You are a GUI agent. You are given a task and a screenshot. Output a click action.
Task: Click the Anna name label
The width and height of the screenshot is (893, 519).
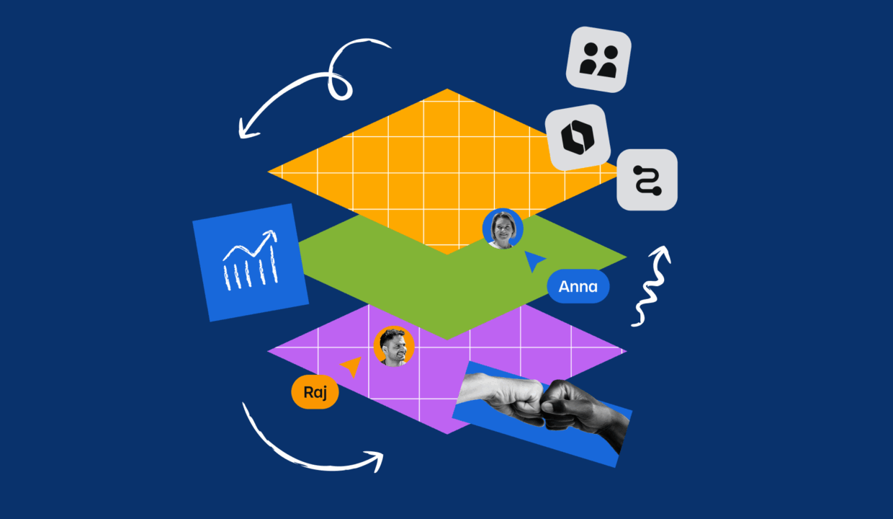tap(578, 286)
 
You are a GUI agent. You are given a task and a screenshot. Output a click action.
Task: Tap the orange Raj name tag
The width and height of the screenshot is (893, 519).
tap(315, 393)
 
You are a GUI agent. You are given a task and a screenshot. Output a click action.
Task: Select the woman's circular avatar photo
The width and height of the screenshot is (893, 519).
tap(502, 229)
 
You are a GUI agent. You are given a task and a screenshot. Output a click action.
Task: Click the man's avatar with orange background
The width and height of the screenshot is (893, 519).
tap(394, 346)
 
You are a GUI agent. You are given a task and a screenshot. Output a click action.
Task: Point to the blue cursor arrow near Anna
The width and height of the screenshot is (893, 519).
tap(534, 260)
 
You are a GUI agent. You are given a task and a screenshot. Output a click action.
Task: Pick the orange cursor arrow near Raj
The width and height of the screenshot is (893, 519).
tap(351, 366)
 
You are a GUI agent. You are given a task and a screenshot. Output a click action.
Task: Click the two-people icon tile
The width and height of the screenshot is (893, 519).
tap(598, 60)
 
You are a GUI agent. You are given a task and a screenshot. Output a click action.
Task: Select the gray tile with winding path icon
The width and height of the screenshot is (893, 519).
tap(647, 179)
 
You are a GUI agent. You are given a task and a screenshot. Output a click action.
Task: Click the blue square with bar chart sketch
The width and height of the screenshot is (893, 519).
tap(251, 262)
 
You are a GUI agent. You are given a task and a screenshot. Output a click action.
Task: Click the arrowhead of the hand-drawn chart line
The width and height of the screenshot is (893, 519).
tap(271, 236)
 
